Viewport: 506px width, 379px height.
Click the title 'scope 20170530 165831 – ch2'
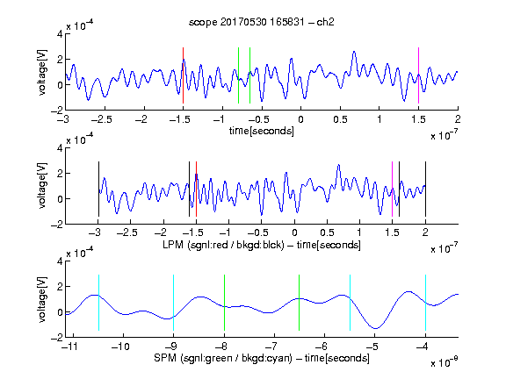[x=262, y=22]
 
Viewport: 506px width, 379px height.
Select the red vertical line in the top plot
[x=183, y=75]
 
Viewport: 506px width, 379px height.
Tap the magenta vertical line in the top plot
[x=418, y=75]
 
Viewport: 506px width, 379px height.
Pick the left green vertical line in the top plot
[x=238, y=75]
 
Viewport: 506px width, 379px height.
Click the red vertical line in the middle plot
[x=196, y=189]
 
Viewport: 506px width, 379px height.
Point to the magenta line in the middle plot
[x=392, y=189]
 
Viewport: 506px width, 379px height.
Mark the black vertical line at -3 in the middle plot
[x=98, y=189]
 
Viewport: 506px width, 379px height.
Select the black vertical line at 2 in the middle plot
[x=425, y=189]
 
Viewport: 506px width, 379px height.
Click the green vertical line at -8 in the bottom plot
[x=224, y=303]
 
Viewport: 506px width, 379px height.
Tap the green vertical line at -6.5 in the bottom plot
[x=300, y=303]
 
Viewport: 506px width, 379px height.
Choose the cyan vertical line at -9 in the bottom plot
[x=174, y=303]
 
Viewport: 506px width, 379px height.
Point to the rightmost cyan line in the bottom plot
[x=425, y=303]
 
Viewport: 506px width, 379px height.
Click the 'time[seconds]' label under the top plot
[x=262, y=131]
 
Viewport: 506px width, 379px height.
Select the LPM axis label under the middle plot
[x=262, y=245]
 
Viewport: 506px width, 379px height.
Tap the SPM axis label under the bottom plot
[x=262, y=358]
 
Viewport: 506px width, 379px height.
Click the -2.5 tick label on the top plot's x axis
[x=101, y=119]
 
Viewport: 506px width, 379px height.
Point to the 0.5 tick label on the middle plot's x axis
[x=327, y=232]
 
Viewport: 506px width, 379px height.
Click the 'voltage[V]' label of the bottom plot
[x=42, y=299]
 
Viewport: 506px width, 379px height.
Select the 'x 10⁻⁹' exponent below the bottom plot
[x=445, y=361]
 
